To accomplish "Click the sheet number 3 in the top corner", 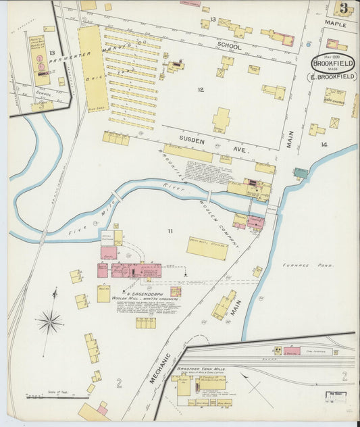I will pos(344,8).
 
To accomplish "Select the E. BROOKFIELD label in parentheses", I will pos(332,76).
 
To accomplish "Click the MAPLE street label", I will pos(335,24).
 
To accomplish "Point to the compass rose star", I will pos(49,322).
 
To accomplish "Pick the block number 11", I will pos(170,231).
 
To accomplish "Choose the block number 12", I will pos(200,89).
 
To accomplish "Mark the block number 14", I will pos(324,145).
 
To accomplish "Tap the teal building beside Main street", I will pos(301,173).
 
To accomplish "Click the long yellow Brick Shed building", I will pos(93,68).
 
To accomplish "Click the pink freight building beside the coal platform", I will pos(290,351).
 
